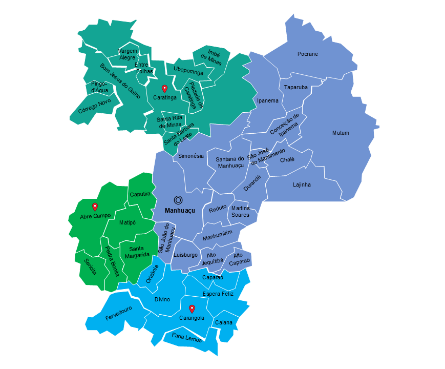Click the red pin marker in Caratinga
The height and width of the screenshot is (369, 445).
click(x=164, y=88)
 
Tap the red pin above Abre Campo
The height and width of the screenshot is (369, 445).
click(x=95, y=207)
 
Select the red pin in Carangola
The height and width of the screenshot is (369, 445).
click(x=192, y=309)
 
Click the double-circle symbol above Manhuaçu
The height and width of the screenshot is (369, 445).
click(x=179, y=200)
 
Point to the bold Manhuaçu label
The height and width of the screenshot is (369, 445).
click(x=180, y=211)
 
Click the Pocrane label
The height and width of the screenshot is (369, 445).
click(x=308, y=54)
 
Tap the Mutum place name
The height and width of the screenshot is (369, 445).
click(x=341, y=133)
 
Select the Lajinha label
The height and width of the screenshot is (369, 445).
click(x=302, y=184)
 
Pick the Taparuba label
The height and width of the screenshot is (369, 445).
click(x=296, y=87)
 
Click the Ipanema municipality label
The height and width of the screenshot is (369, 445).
click(x=268, y=100)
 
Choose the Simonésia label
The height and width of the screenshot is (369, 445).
click(x=191, y=156)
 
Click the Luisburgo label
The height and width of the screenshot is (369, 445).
click(x=185, y=255)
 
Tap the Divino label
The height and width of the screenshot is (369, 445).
click(x=162, y=299)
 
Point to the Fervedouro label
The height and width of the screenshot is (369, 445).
click(x=119, y=313)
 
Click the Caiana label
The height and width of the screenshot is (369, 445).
click(x=224, y=323)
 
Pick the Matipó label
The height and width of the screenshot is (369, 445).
click(x=128, y=223)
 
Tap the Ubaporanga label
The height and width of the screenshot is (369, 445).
click(x=188, y=70)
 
